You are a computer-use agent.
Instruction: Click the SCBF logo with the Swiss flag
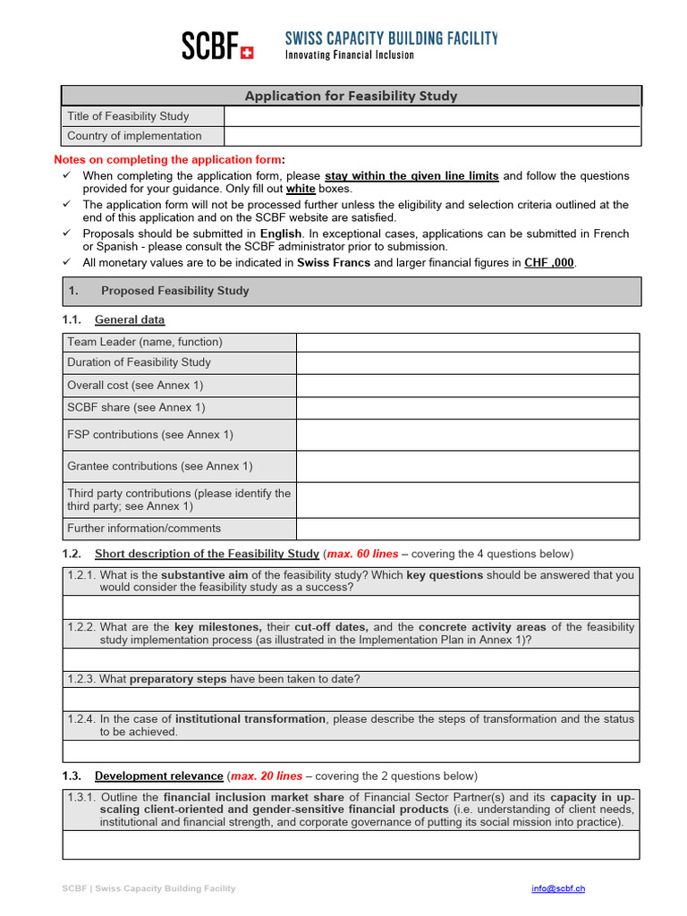click(217, 46)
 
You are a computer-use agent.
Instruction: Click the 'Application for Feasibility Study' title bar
click(351, 96)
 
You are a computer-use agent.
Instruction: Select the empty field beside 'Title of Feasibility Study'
click(432, 116)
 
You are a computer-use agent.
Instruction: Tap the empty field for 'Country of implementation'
click(432, 136)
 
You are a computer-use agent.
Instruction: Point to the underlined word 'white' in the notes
click(301, 190)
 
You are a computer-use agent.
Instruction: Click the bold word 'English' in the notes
click(281, 233)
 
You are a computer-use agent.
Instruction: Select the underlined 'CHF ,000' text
click(549, 262)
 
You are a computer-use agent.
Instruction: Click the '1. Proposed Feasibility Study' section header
click(174, 291)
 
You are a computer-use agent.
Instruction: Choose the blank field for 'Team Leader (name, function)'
click(467, 342)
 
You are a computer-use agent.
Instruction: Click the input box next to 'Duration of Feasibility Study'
click(467, 362)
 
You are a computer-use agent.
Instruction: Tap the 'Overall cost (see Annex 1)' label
click(135, 386)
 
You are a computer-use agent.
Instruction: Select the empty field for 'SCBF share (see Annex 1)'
click(467, 408)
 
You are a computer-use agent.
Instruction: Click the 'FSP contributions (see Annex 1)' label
click(149, 435)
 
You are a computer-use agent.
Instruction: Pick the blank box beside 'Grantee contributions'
click(467, 466)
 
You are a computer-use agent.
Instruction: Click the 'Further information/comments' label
click(144, 528)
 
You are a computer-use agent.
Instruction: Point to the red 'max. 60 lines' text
click(363, 554)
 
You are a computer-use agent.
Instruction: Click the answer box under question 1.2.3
click(351, 699)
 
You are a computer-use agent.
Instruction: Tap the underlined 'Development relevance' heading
click(157, 776)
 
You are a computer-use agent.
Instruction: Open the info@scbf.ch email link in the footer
click(558, 888)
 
